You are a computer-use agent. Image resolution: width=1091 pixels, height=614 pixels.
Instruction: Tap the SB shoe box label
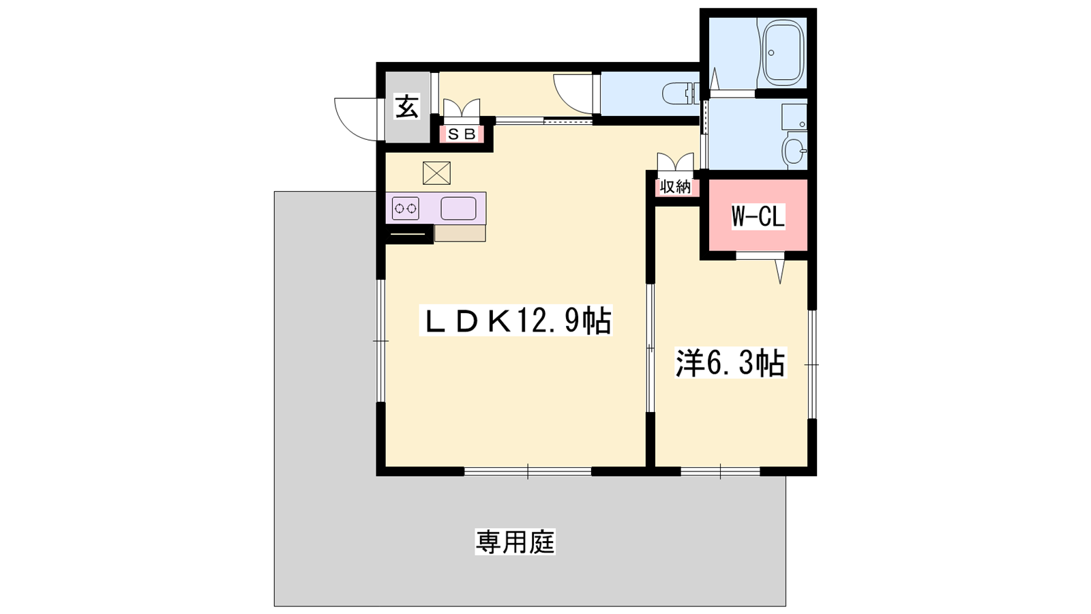click(461, 134)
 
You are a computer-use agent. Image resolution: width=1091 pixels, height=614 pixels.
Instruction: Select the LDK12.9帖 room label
click(515, 320)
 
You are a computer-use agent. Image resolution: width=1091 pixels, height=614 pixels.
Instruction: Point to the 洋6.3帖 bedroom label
click(730, 362)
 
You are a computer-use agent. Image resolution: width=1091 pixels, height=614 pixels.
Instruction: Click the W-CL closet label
click(758, 216)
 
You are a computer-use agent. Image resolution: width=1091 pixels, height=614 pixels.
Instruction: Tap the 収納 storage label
click(676, 186)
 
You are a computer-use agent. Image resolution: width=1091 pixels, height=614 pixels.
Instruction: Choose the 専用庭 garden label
click(515, 542)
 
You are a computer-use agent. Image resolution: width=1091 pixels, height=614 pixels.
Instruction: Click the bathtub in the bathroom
click(783, 53)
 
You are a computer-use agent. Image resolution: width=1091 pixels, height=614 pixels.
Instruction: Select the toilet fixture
click(681, 93)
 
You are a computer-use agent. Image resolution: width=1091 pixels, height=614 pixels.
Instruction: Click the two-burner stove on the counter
click(406, 209)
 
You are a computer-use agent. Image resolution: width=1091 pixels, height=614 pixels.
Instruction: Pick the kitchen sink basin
click(458, 209)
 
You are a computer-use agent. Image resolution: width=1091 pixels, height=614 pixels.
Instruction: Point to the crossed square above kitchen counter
click(436, 173)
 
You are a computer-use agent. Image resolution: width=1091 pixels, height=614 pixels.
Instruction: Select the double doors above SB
click(461, 108)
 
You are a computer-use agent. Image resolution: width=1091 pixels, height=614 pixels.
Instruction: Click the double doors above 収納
click(675, 162)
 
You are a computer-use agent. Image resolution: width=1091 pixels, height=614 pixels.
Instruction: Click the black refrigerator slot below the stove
click(408, 234)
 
